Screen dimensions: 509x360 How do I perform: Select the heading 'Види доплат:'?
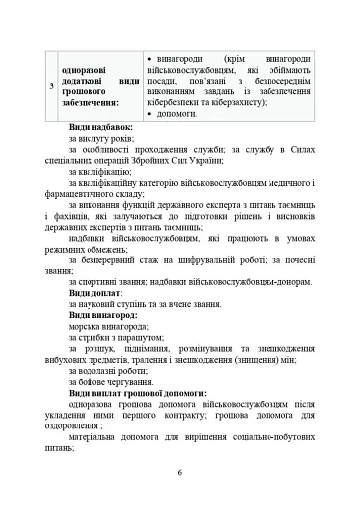tap(95, 294)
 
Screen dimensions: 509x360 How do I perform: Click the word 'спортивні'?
tap(98, 281)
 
